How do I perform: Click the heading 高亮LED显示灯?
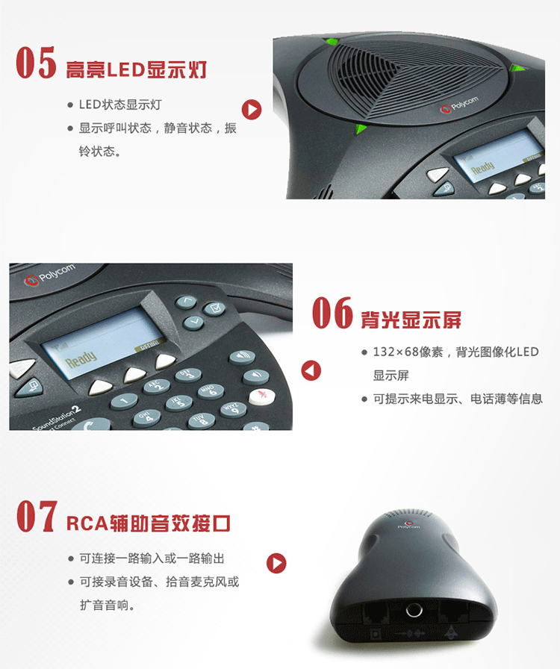(x=136, y=71)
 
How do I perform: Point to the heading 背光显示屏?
(x=411, y=320)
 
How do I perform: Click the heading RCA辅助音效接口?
(x=149, y=523)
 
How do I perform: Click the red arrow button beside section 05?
(x=252, y=110)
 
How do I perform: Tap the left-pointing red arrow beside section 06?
(x=311, y=370)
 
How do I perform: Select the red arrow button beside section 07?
(x=277, y=563)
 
